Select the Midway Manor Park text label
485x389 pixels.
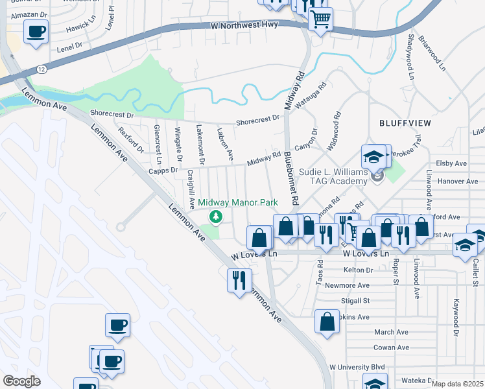click(x=237, y=203)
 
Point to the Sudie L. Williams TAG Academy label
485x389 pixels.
click(x=333, y=178)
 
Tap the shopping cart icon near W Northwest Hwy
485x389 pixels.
click(x=320, y=19)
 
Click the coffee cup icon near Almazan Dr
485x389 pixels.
click(x=36, y=30)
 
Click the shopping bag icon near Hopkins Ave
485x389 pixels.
click(x=327, y=320)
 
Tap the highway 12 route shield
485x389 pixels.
click(x=41, y=69)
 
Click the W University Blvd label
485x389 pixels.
click(x=357, y=367)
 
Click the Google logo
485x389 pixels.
click(x=21, y=381)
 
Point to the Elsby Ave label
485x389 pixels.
click(x=452, y=163)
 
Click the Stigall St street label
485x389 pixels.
click(x=356, y=301)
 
